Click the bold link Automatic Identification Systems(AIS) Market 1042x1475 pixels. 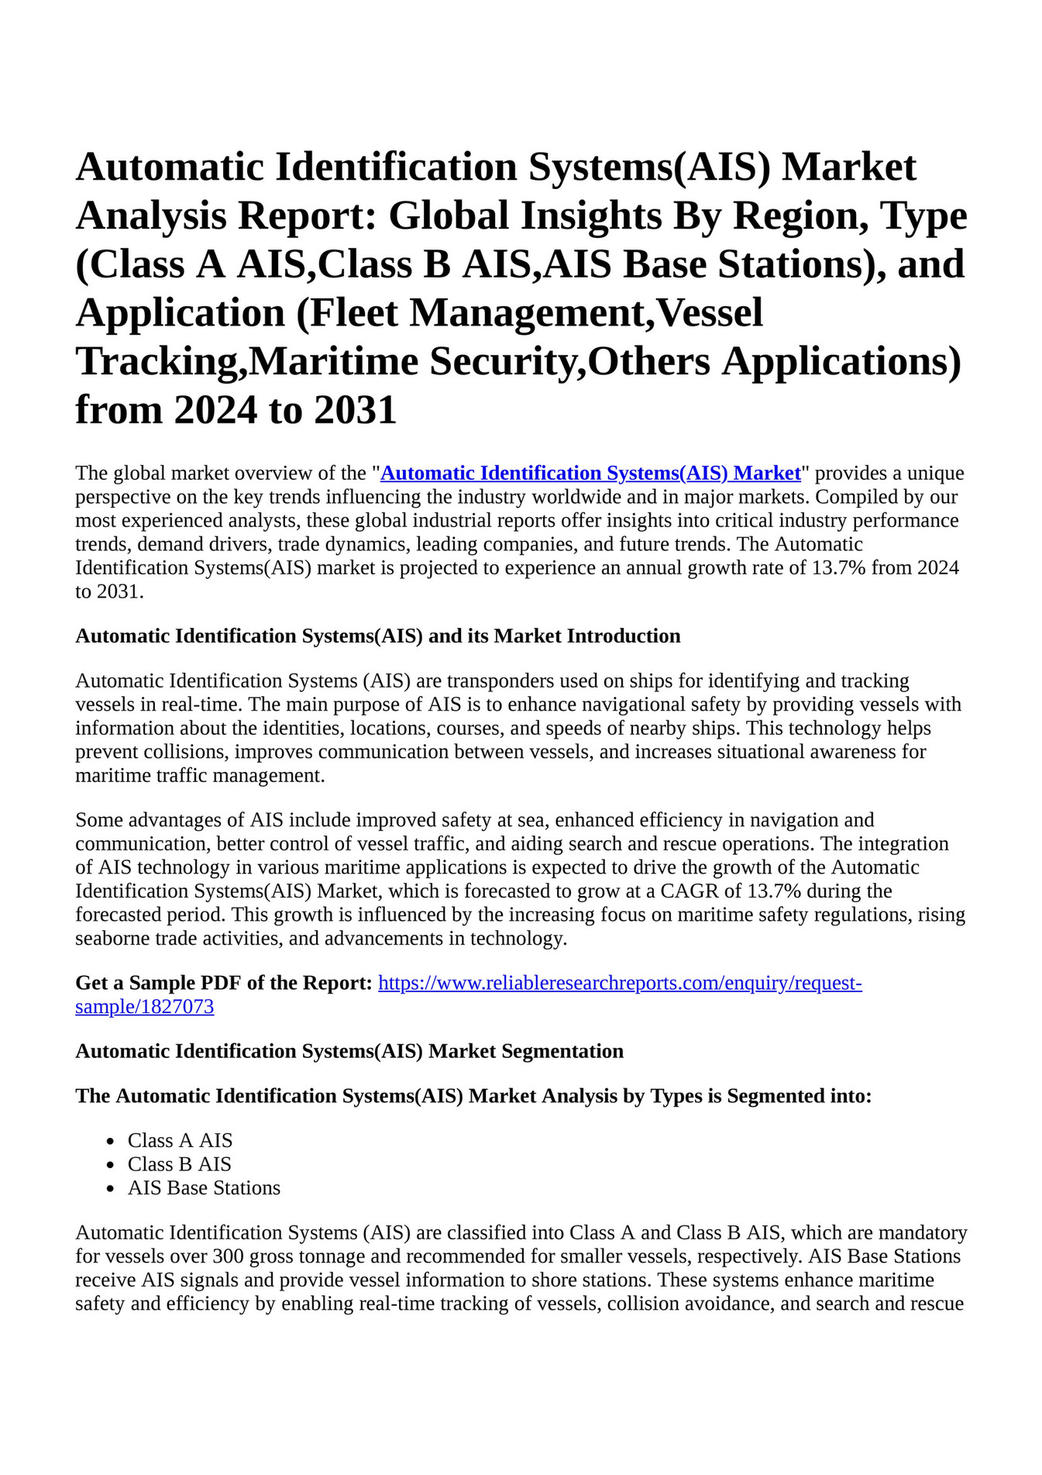pyautogui.click(x=590, y=473)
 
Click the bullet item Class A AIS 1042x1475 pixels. pyautogui.click(x=180, y=1140)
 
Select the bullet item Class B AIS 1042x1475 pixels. pyautogui.click(x=179, y=1164)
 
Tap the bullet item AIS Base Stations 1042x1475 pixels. pyautogui.click(x=204, y=1187)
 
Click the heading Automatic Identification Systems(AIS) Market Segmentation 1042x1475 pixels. pyautogui.click(x=349, y=1051)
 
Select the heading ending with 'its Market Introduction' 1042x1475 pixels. pyautogui.click(x=377, y=636)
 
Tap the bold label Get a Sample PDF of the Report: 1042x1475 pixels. pyautogui.click(x=224, y=983)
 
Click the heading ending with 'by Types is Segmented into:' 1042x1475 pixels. pyautogui.click(x=473, y=1096)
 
